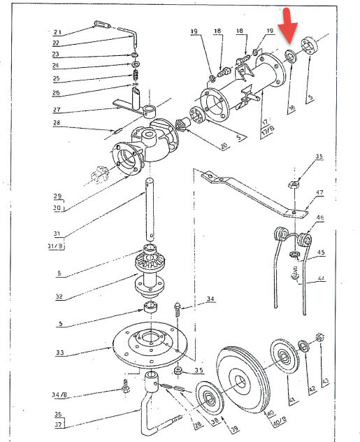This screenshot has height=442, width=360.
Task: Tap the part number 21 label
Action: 57,32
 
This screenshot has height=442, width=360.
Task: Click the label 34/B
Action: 61,394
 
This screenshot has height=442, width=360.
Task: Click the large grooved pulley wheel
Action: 241,381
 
